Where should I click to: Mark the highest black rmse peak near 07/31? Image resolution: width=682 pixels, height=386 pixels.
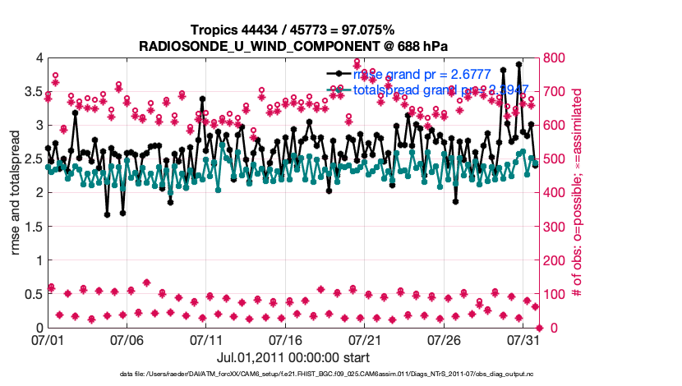pos(518,64)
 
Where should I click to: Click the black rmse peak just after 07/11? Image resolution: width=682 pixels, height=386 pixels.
pos(202,99)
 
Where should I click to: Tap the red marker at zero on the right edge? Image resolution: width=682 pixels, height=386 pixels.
pos(538,328)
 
